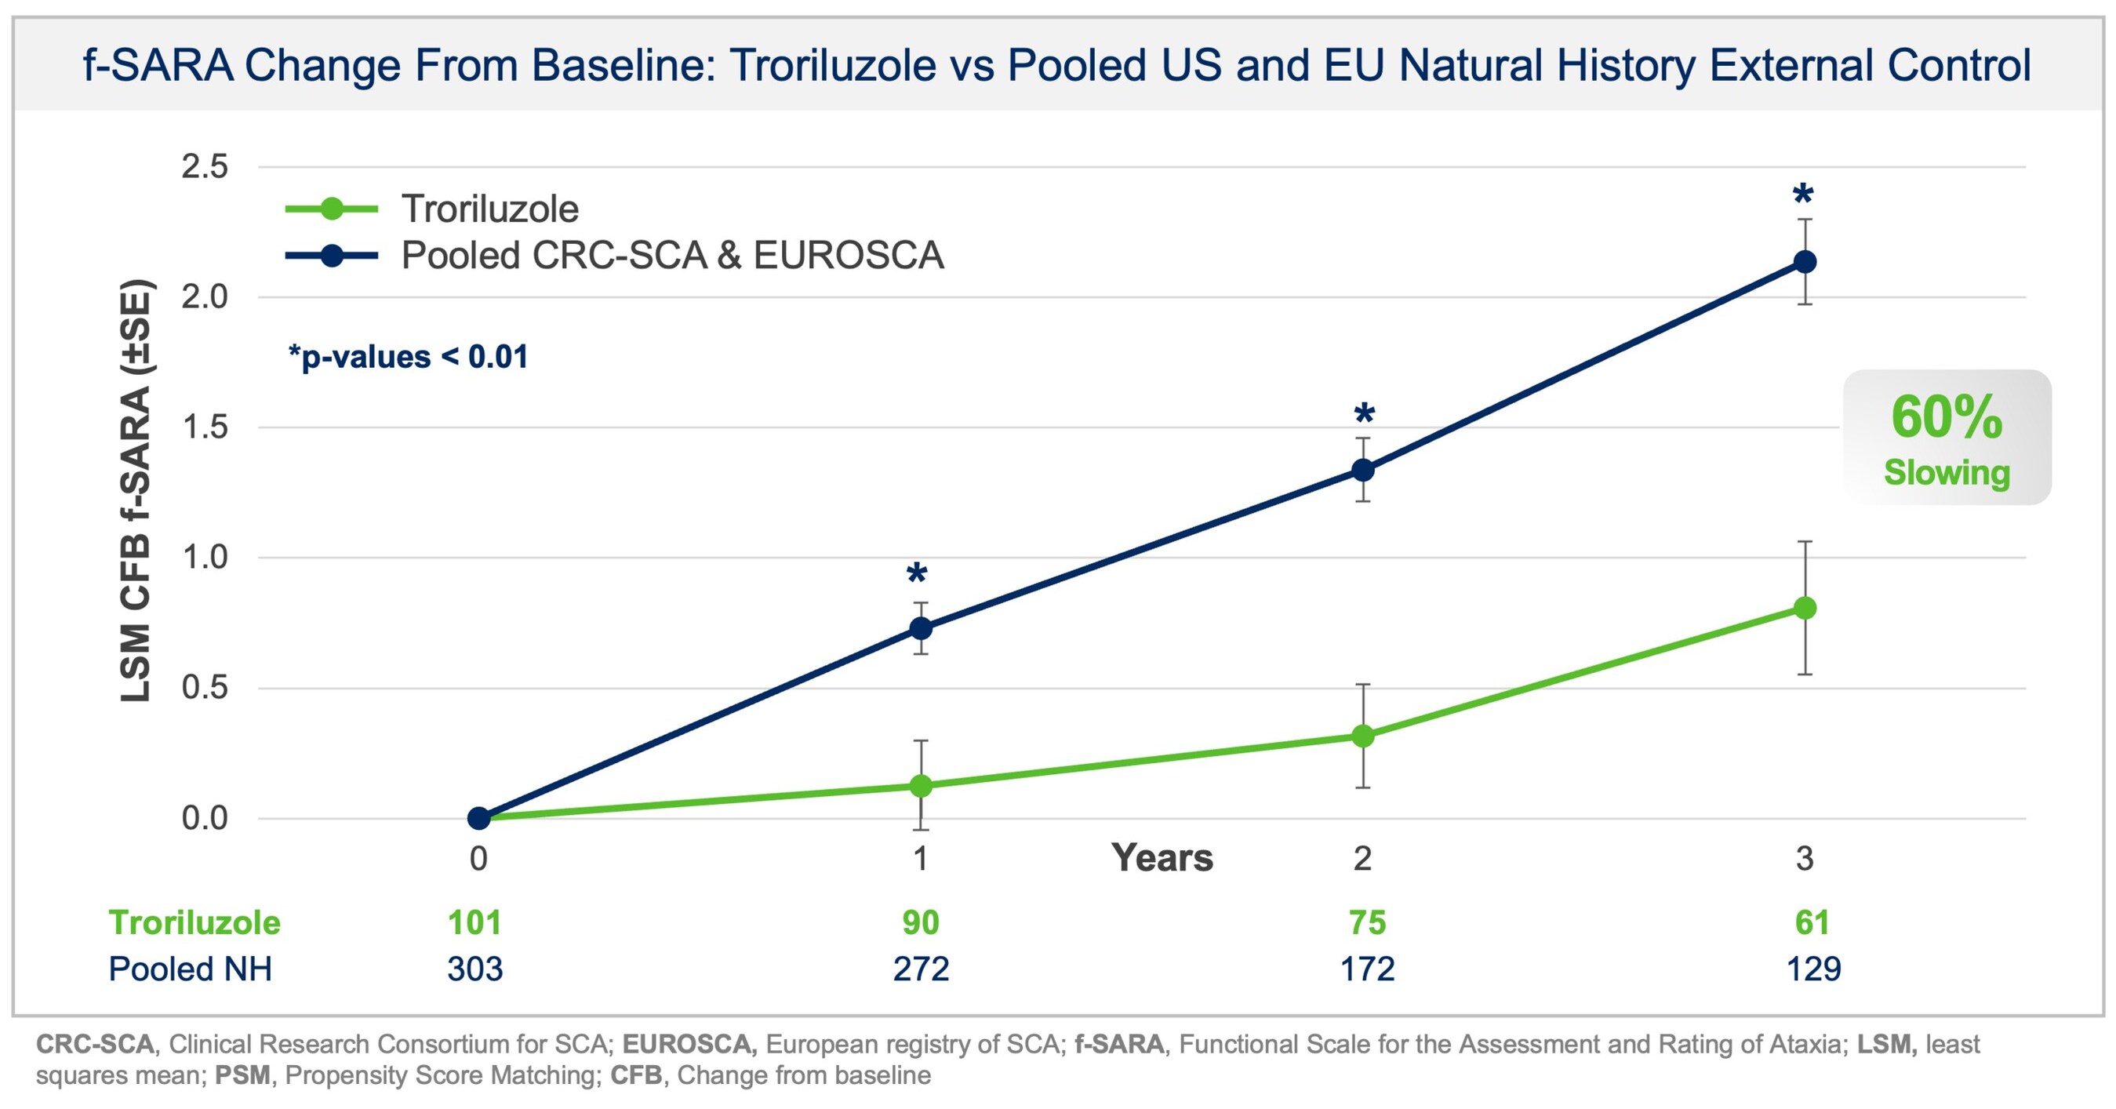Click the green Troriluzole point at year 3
click(1805, 608)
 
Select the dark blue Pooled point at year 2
click(1363, 470)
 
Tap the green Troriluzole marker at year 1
click(921, 785)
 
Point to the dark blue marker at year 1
click(921, 628)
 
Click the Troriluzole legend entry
click(489, 209)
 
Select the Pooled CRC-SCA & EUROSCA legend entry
click(672, 256)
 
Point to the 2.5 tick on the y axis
click(205, 167)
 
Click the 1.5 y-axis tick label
click(205, 427)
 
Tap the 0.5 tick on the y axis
click(205, 688)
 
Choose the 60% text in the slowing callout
click(1946, 417)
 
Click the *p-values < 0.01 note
click(409, 358)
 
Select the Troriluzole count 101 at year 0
click(474, 922)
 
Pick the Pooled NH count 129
click(1814, 969)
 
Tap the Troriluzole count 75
click(1367, 922)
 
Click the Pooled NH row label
click(191, 969)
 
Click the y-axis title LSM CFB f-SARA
click(136, 491)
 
